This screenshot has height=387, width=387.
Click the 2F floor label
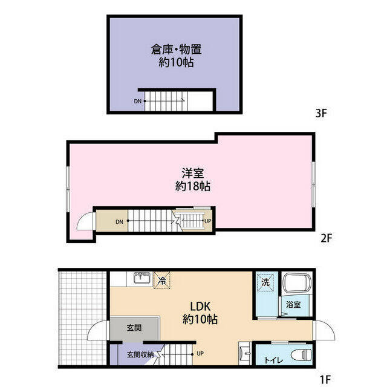click(x=326, y=238)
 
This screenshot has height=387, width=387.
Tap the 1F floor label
click(x=325, y=379)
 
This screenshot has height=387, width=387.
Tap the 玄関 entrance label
click(x=134, y=328)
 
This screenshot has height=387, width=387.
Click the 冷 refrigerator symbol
click(x=162, y=279)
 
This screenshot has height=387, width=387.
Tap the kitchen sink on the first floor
click(x=142, y=278)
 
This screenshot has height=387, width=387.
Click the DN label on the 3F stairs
click(x=138, y=101)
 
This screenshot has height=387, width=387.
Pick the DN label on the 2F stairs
click(x=120, y=221)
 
